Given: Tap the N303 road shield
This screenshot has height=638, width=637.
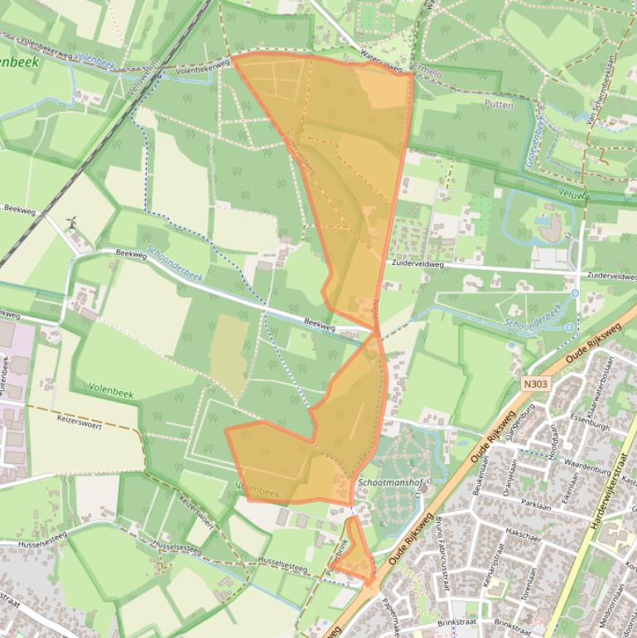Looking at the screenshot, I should point(536,384).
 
